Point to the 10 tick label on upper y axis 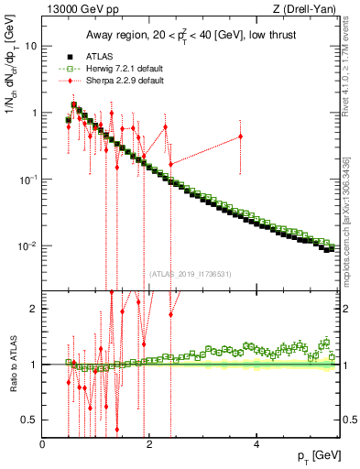coord(30,45)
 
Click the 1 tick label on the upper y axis coord(33,113)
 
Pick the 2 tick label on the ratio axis coord(33,309)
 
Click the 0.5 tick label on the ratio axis coord(29,420)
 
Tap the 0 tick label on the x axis coord(43,444)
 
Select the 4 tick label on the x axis coord(256,444)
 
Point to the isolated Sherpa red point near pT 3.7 coord(241,136)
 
